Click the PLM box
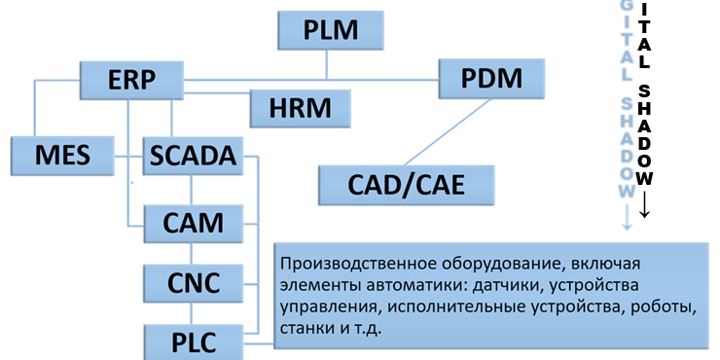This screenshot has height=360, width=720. pyautogui.click(x=326, y=29)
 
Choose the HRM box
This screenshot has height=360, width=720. pyautogui.click(x=299, y=105)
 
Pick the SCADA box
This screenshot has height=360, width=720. pyautogui.click(x=193, y=155)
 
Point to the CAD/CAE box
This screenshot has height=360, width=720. pyautogui.click(x=407, y=183)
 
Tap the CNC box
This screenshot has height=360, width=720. pyautogui.click(x=193, y=283)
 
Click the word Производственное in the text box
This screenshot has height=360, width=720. pyautogui.click(x=342, y=264)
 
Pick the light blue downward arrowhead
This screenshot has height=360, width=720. pyautogui.click(x=627, y=225)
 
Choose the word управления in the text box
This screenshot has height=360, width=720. pyautogui.click(x=322, y=307)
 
